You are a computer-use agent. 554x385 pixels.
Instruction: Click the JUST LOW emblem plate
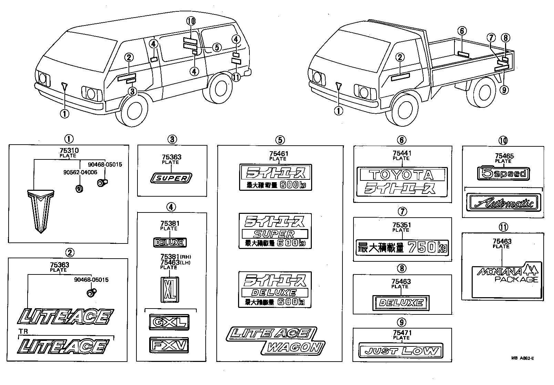pyautogui.click(x=401, y=351)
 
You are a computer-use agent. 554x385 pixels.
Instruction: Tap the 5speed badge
pyautogui.click(x=503, y=174)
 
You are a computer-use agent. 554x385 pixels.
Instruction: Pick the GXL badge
pyautogui.click(x=169, y=322)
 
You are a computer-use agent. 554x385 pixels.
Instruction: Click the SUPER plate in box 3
pyautogui.click(x=172, y=178)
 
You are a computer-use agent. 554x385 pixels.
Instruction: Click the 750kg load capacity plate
pyautogui.click(x=402, y=248)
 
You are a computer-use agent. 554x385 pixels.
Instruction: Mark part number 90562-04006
pyautogui.click(x=80, y=173)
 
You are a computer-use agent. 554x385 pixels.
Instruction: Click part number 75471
pyautogui.click(x=402, y=333)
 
